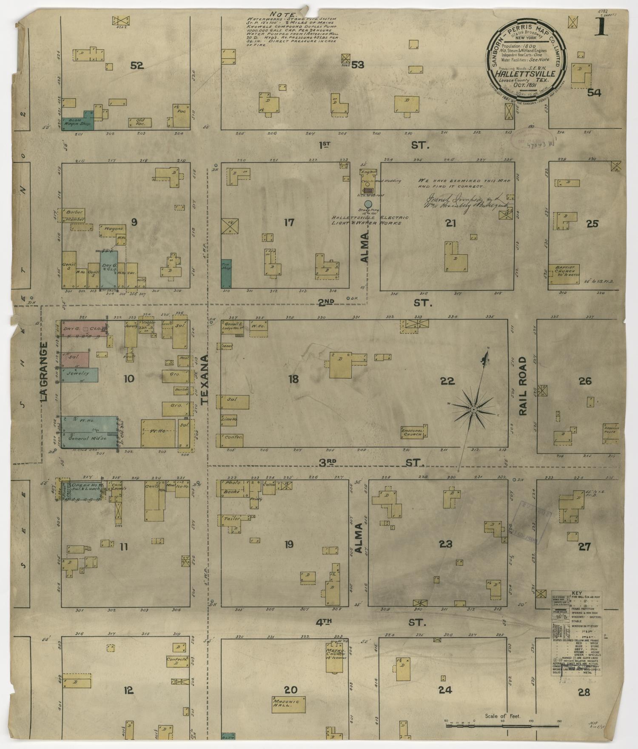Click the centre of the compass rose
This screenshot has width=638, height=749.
tap(473, 409)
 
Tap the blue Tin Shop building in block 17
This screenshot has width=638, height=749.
tap(226, 273)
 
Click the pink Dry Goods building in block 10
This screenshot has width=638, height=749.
tap(82, 329)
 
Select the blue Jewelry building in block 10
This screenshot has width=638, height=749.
tap(79, 374)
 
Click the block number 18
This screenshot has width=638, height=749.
tap(293, 379)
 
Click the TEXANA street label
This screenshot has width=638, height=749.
tap(205, 379)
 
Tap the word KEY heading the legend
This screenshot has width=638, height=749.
tap(576, 593)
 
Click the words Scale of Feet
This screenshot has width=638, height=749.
tap(503, 716)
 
